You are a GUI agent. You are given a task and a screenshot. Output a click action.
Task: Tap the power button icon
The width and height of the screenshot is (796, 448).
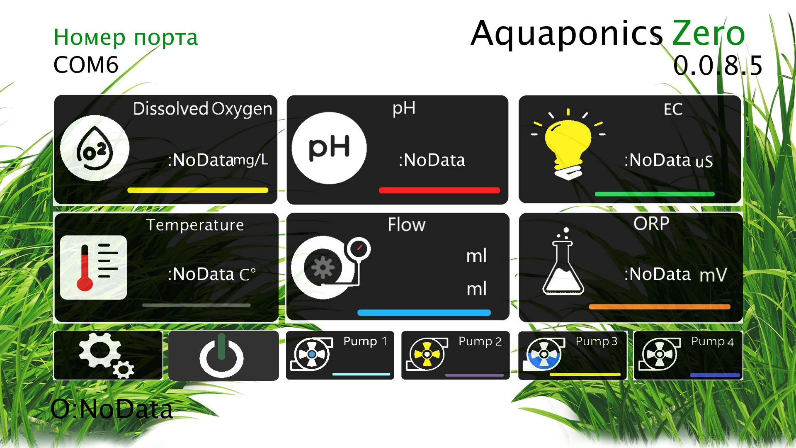click(221, 356)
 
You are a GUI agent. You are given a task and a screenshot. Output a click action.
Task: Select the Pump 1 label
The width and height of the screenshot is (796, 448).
click(365, 341)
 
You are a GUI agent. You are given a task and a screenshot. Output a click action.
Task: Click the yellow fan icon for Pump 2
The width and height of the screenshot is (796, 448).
click(427, 354)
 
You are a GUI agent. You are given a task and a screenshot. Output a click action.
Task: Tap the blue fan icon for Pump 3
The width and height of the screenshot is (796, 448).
click(544, 354)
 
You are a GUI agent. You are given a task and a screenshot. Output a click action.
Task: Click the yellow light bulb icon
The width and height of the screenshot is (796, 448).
click(568, 144)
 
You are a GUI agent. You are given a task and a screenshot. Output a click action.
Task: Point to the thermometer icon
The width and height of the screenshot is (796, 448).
click(93, 268)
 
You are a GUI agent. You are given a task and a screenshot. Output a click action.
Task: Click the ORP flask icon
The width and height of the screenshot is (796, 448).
click(563, 263)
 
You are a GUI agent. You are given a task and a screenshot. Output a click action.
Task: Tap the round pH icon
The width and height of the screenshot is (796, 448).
click(329, 148)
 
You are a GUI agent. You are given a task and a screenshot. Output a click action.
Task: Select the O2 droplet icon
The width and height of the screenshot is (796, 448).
click(95, 148)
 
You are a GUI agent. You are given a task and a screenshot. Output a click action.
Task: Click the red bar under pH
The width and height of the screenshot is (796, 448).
click(439, 190)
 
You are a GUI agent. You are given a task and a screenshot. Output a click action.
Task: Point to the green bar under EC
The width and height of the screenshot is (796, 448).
click(654, 194)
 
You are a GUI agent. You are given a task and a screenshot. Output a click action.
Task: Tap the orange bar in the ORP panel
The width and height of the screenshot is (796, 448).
click(659, 307)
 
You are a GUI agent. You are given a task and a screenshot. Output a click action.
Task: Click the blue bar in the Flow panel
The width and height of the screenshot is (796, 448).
click(424, 312)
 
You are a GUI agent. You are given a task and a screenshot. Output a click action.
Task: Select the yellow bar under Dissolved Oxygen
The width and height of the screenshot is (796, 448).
click(198, 190)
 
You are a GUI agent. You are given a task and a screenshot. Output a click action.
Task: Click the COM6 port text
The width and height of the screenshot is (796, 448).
click(86, 65)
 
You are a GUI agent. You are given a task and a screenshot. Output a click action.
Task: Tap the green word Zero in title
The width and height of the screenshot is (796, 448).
click(708, 33)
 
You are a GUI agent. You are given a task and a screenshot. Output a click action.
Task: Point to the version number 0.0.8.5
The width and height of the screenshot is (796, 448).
click(718, 66)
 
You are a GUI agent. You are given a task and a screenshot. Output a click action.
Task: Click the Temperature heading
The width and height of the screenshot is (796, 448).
click(195, 225)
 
